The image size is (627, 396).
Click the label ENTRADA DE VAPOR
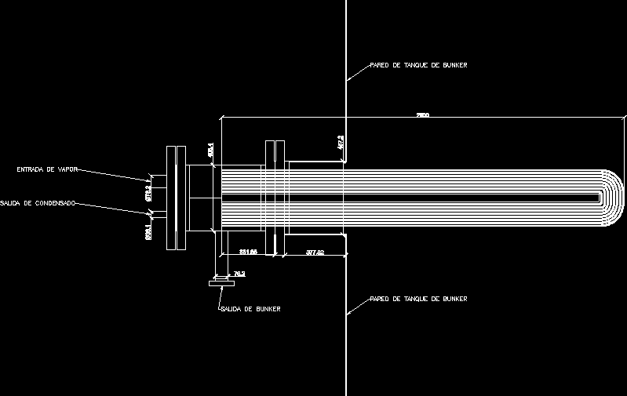(x=46, y=169)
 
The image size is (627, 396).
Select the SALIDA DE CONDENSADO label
(x=38, y=203)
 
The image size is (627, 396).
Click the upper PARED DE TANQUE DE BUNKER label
(x=419, y=66)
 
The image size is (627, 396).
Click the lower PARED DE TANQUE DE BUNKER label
(x=419, y=299)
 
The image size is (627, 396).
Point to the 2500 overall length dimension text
(x=422, y=115)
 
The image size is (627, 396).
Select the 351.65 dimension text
(x=249, y=252)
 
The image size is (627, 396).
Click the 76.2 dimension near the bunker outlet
(x=239, y=274)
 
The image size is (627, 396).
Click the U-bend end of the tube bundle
(x=613, y=198)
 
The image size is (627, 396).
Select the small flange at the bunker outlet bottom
(x=221, y=283)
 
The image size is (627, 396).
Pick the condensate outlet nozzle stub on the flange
(x=160, y=214)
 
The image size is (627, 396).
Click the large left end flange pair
(x=177, y=198)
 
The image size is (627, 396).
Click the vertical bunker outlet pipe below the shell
(x=221, y=255)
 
